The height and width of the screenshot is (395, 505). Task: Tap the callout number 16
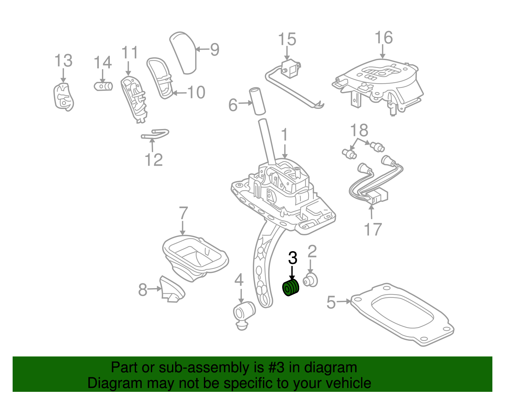383,38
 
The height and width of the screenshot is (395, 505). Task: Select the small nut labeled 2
311,281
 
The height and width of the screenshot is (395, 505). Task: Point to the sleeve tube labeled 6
258,101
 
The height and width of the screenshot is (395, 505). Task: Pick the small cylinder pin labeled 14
103,86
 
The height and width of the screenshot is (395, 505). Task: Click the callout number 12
154,160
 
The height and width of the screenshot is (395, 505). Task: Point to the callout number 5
331,302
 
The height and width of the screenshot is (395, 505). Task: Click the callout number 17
373,229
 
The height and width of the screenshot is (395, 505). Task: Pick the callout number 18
359,130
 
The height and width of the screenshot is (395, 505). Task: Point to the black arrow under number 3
292,273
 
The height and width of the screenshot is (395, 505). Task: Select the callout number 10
196,92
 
